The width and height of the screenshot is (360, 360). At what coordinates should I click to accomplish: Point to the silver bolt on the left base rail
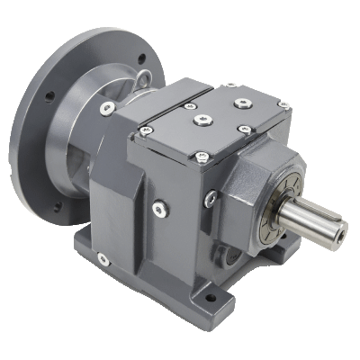pos(104,259)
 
